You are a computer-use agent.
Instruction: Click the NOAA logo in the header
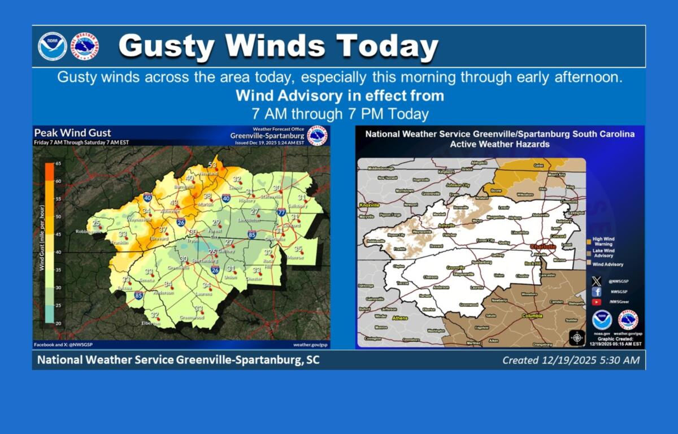coord(53,46)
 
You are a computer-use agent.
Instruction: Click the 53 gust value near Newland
coord(212,164)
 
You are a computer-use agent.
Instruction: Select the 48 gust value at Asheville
coord(174,203)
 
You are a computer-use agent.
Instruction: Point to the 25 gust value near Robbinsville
coord(96,223)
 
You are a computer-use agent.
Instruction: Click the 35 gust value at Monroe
coord(298,249)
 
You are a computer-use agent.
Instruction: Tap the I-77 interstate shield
coord(281,212)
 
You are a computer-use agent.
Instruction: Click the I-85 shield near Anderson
coord(138,295)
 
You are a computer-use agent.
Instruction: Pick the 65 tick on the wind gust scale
coord(58,163)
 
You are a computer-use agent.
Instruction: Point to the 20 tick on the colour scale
coord(58,323)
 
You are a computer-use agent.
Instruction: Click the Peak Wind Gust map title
coord(73,132)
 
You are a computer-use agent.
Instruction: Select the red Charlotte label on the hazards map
coord(542,247)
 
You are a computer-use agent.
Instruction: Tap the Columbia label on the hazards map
coord(531,316)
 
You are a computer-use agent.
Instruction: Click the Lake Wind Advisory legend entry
coord(604,253)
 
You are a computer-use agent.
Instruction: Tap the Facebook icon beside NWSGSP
coord(597,292)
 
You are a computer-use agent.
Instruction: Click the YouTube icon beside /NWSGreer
coord(597,302)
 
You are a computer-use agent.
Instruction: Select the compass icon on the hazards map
coord(577,337)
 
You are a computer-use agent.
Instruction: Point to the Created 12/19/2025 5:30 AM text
coord(571,360)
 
